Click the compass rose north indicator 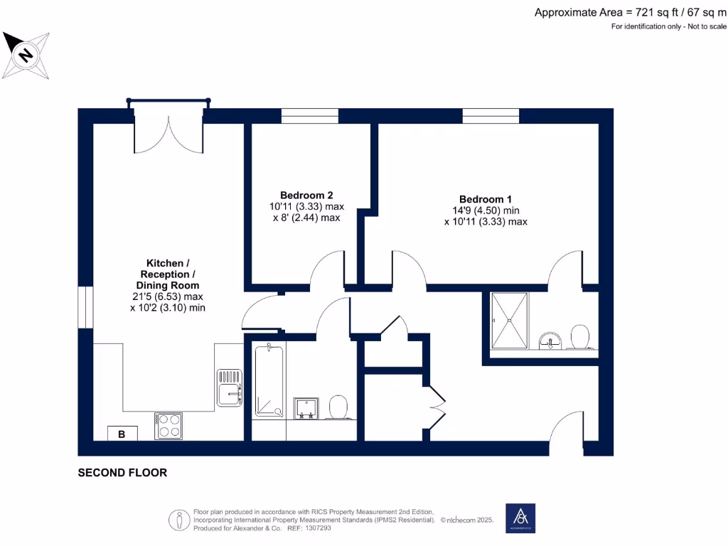pyautogui.click(x=26, y=54)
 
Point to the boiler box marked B pyautogui.click(x=122, y=434)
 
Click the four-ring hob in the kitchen pyautogui.click(x=169, y=426)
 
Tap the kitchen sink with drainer pyautogui.click(x=230, y=387)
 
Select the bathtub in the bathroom pyautogui.click(x=269, y=381)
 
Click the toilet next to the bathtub pyautogui.click(x=338, y=407)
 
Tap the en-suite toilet pyautogui.click(x=581, y=337)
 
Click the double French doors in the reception pyautogui.click(x=169, y=131)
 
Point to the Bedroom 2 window pyautogui.click(x=309, y=115)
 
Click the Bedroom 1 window pyautogui.click(x=490, y=115)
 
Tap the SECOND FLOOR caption pyautogui.click(x=122, y=472)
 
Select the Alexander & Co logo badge pyautogui.click(x=520, y=518)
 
